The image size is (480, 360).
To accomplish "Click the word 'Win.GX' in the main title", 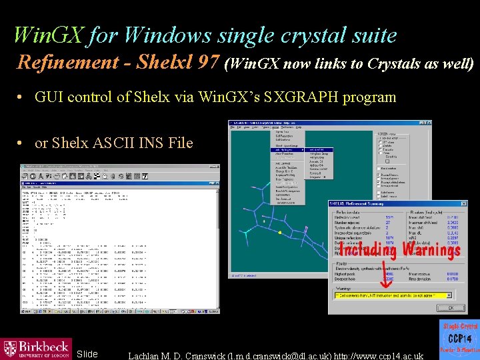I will tap(49, 35).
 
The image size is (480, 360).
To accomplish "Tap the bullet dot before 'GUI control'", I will tap(21, 97).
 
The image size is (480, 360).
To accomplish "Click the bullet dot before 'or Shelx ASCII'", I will tap(21, 143).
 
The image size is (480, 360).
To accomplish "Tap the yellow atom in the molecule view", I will tap(280, 233).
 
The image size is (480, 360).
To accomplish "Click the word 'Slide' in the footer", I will tap(87, 354).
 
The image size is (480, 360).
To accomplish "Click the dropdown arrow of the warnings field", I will tap(461, 295).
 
